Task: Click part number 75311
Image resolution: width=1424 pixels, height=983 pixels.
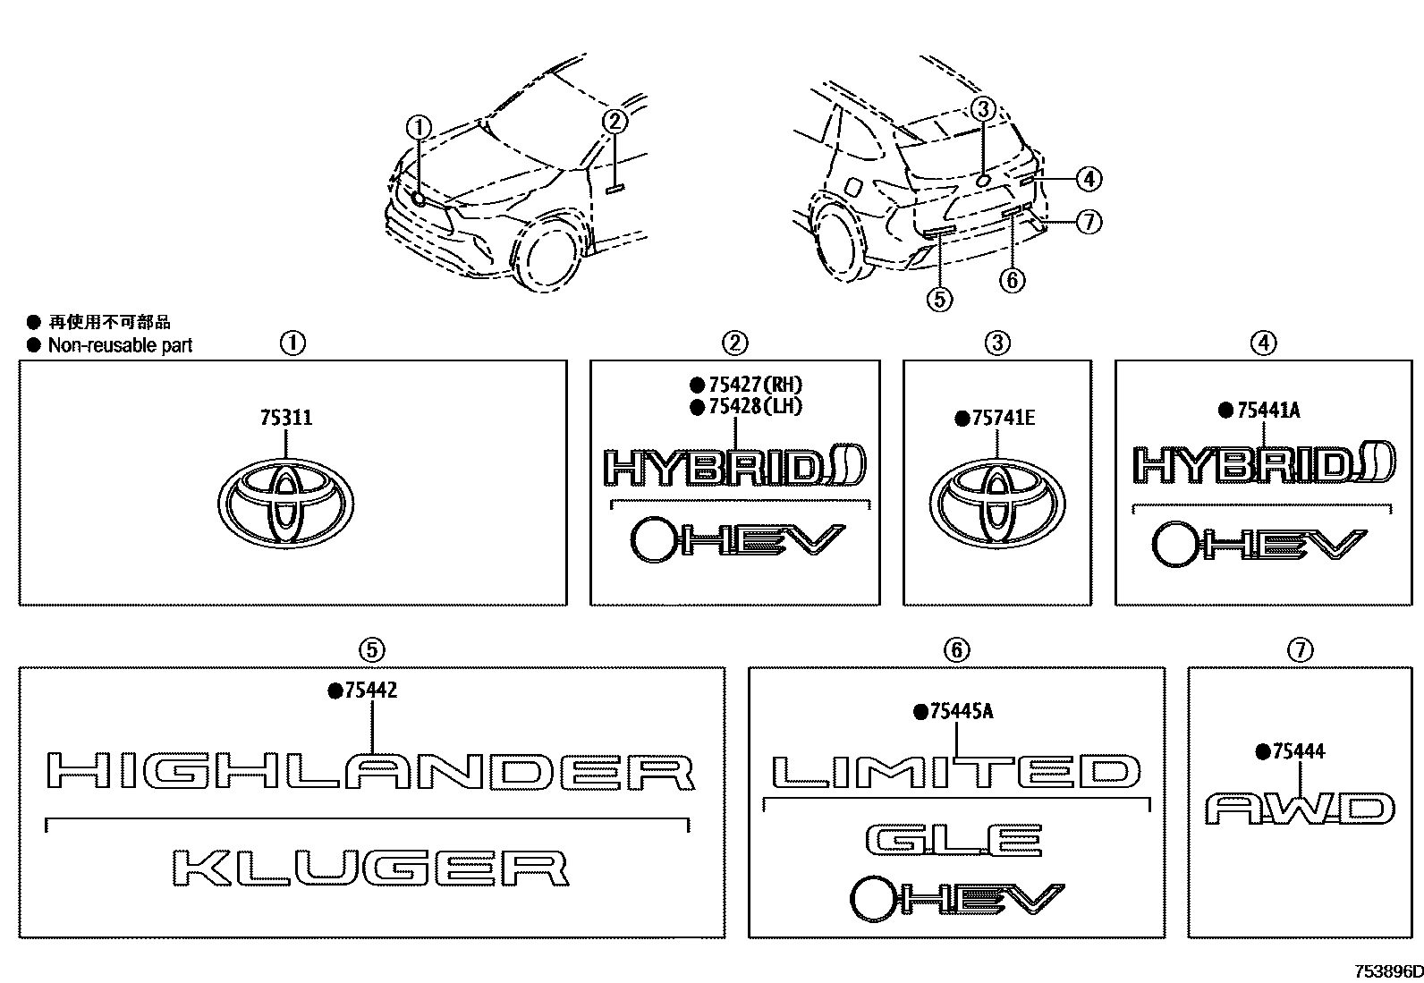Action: (286, 418)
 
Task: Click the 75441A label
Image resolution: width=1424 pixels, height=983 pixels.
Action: (1267, 411)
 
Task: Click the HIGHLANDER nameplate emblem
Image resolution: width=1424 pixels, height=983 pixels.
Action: (370, 772)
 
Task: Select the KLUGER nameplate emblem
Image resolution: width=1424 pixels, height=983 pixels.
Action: (370, 868)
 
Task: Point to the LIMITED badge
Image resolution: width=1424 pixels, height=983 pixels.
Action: (956, 772)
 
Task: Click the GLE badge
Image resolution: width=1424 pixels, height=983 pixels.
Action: (954, 839)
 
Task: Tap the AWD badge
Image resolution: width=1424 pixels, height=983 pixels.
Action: (1299, 809)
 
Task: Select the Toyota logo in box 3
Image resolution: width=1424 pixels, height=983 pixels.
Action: (996, 503)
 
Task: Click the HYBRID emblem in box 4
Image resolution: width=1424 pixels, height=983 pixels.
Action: (1262, 463)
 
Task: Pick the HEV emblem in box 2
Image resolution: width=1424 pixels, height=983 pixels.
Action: (737, 540)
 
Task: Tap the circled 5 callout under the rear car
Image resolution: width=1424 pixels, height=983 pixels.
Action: (939, 299)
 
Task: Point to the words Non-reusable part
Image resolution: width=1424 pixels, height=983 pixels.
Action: (120, 345)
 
